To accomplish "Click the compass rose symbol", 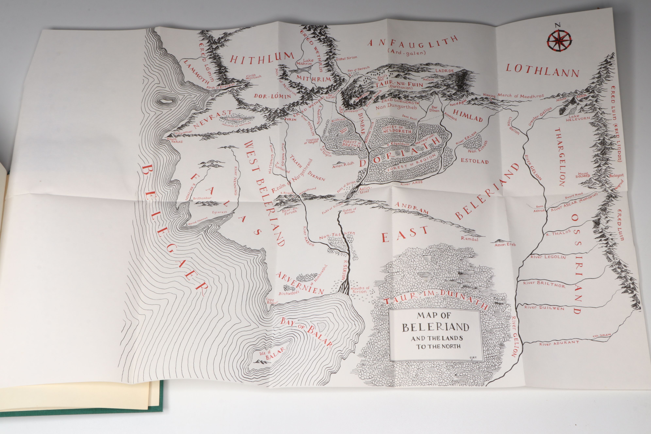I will click(x=559, y=41).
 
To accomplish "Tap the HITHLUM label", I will click(x=262, y=58).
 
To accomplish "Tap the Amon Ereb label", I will click(x=505, y=244).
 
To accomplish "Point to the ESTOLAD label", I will click(x=474, y=161).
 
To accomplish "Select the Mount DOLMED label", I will click(x=583, y=175).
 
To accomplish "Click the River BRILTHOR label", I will click(x=544, y=284).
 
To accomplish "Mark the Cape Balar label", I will click(x=270, y=301).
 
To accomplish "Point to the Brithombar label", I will click(x=202, y=198).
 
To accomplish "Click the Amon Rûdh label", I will click(x=343, y=165).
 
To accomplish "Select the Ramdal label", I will click(x=469, y=239).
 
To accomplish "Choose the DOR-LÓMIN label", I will click(x=272, y=96).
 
